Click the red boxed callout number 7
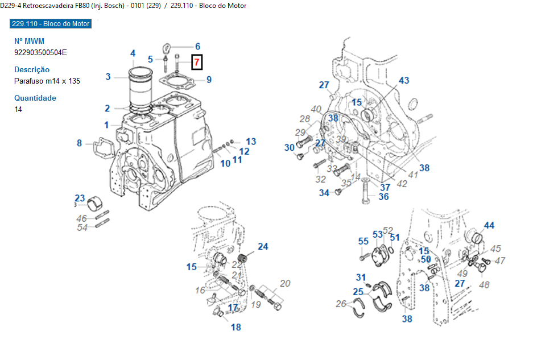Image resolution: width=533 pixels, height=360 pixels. coord(196,61)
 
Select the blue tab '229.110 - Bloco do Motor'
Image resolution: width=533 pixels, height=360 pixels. coord(51,24)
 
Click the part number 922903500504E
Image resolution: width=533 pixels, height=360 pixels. coord(40,52)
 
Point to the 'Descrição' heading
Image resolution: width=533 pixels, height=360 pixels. coord(32,69)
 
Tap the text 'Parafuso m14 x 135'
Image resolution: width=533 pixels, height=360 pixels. coord(47,81)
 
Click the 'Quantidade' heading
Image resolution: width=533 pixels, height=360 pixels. coord(35,98)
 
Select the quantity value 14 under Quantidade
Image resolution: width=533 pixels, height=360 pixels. coord(18,109)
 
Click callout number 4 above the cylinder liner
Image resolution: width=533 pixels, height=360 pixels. coord(133,53)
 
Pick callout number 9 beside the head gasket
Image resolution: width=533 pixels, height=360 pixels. coord(209,80)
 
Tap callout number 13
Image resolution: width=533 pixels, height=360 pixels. coord(251,142)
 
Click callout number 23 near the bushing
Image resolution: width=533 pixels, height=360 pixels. coord(80,198)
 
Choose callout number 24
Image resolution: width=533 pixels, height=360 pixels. coord(263,246)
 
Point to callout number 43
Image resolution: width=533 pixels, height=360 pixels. coord(404,81)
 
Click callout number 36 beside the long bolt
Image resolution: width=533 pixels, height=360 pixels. coord(384,197)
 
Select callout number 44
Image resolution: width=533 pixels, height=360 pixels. coord(489,225)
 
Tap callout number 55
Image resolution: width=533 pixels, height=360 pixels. coord(363,241)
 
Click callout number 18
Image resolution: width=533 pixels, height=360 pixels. coord(235,327)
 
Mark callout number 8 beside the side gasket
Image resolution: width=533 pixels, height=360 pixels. coord(80,143)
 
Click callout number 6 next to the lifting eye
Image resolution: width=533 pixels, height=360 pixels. coord(197,47)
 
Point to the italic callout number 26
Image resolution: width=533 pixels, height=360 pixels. coord(341,304)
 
